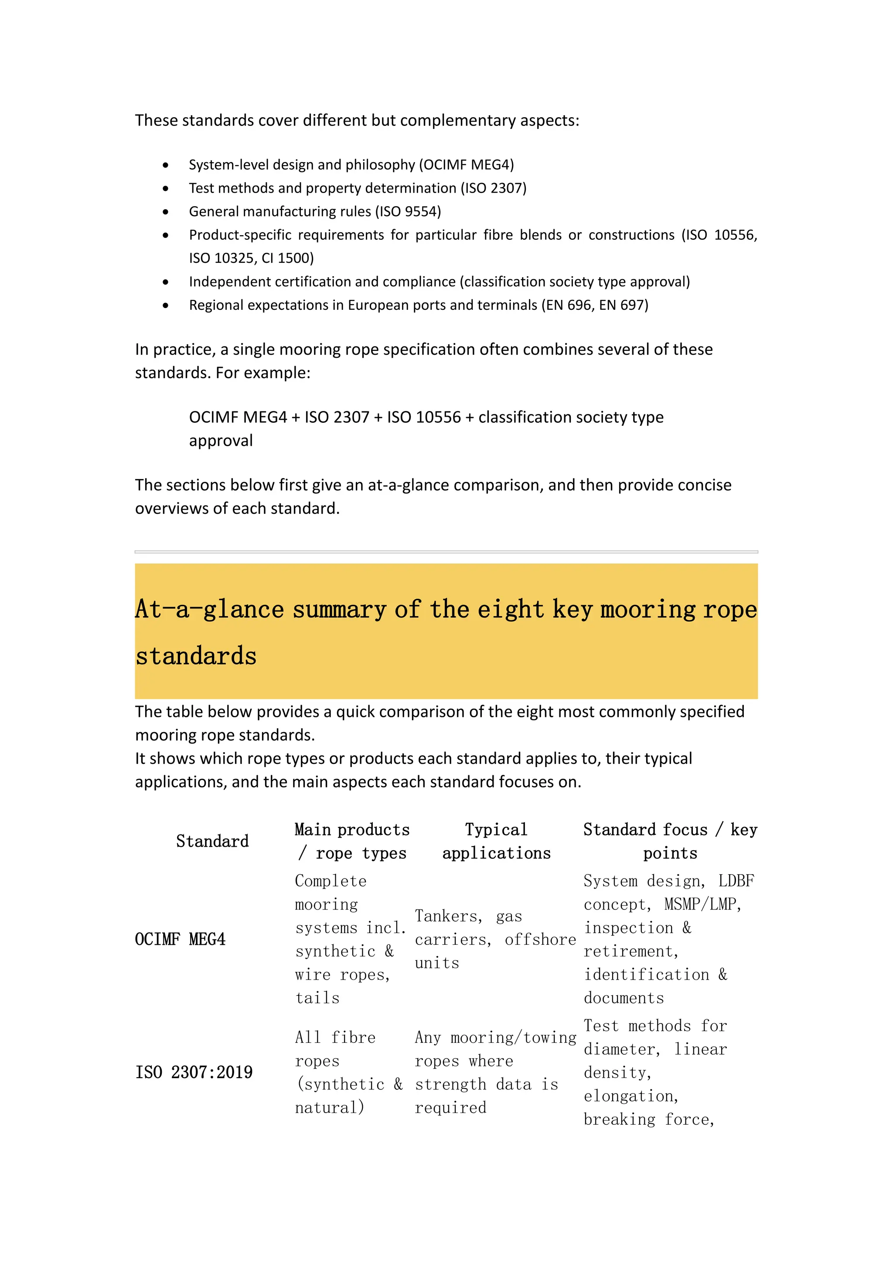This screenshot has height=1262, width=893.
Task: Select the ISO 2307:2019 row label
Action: pos(194,1072)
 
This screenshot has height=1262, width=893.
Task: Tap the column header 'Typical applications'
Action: pos(496,841)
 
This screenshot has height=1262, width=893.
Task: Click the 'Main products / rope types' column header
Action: pos(352,841)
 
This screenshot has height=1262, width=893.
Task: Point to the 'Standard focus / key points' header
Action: pos(670,841)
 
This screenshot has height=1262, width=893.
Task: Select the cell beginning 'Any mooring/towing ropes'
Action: pos(495,1072)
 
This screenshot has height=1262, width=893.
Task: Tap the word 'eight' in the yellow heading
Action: pos(510,610)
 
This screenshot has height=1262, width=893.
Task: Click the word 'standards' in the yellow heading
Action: pos(196,656)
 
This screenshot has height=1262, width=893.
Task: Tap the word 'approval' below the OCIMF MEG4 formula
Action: pos(221,441)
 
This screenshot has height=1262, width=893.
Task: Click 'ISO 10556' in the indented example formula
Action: pos(423,417)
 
